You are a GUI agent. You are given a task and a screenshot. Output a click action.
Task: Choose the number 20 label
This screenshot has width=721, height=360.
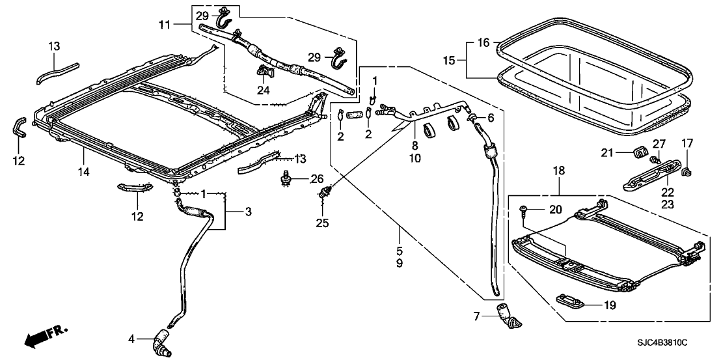[554, 210]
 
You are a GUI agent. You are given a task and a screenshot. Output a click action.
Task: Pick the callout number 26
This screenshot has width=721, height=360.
[317, 179]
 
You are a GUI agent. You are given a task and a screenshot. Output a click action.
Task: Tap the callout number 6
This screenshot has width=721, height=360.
[491, 118]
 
